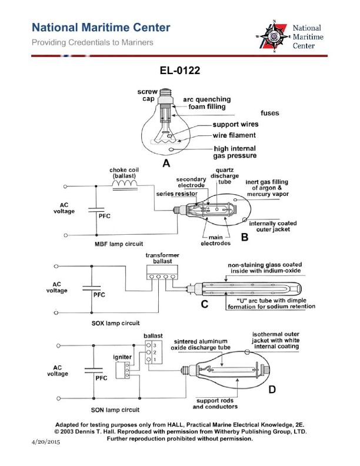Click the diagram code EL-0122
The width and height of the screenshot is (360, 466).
(x=180, y=71)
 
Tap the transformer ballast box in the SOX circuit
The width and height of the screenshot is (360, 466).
(x=161, y=271)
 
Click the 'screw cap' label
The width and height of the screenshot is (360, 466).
(x=146, y=96)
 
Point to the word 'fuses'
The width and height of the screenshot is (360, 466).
(x=270, y=112)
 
